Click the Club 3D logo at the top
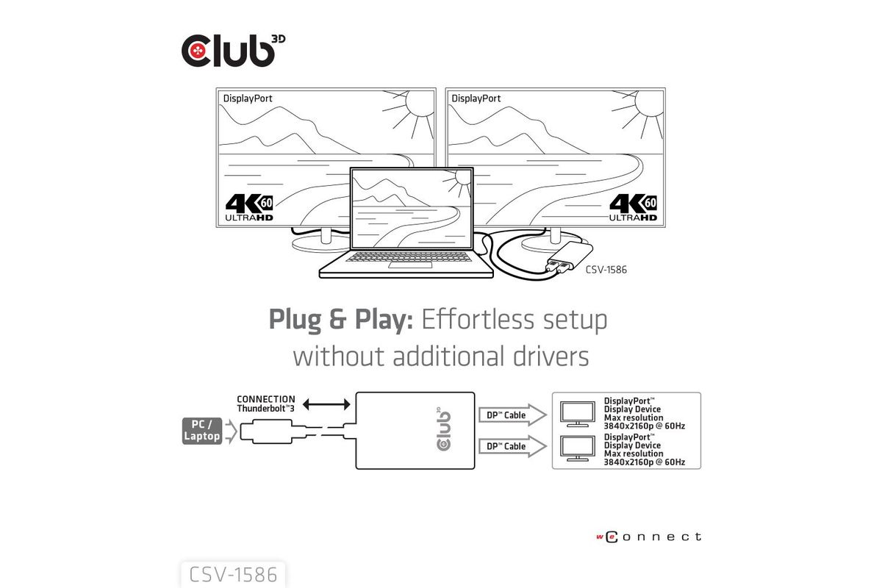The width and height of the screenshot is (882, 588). coord(233,51)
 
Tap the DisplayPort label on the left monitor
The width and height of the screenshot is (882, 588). coord(248,98)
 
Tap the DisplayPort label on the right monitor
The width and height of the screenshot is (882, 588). coord(476,98)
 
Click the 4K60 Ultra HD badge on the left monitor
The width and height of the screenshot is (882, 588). coord(249,207)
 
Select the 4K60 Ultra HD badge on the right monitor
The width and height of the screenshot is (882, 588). coord(633,207)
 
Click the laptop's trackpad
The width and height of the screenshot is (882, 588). coord(410,265)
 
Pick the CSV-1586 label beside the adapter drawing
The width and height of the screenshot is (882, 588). coord(606,270)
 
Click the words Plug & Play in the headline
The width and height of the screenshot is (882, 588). coord(341,320)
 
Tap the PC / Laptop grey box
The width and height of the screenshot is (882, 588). coord(202,431)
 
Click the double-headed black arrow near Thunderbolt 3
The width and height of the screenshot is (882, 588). coord(326,404)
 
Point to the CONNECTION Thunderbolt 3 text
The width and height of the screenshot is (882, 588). coord(266,404)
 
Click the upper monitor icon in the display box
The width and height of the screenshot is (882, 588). coord(578,415)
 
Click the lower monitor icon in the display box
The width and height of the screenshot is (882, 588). coord(578,448)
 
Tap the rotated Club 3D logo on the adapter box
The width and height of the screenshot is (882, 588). coord(444,429)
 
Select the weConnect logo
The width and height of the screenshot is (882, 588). coord(649,537)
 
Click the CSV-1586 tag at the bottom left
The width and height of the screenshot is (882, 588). coord(233,575)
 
